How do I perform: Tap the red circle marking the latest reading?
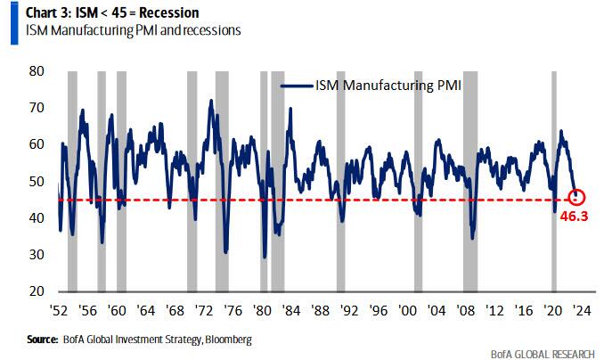pos(575,196)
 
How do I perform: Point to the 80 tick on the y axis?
pos(36,70)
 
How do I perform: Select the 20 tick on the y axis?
pos(36,291)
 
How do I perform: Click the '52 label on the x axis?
pos(58,312)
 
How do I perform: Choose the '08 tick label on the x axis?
pos(467,312)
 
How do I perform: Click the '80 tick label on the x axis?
pos(262,312)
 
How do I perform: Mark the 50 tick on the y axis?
pos(36,181)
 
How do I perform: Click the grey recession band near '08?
pos(469,178)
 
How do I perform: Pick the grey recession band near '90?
pos(340,178)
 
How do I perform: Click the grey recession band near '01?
pos(418,178)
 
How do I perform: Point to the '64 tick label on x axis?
pos(146,312)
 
